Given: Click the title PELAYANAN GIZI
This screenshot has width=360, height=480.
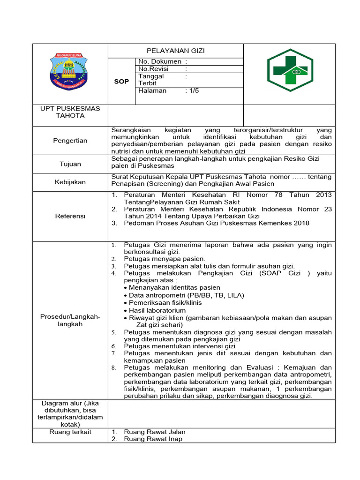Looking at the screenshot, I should (x=176, y=51).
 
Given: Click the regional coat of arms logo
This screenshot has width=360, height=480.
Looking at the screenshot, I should (x=69, y=72).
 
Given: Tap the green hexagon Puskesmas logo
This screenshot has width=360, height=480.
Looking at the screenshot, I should (x=289, y=71).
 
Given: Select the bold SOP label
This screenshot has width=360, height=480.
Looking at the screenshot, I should (x=121, y=82).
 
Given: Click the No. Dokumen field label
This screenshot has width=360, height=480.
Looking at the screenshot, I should (x=160, y=61).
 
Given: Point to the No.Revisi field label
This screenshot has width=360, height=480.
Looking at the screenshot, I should (x=154, y=69).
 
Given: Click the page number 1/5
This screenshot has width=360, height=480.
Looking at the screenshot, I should (x=193, y=90).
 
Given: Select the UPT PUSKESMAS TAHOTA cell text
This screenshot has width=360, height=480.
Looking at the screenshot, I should (x=70, y=112).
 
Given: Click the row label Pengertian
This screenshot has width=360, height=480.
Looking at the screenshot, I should (x=70, y=141).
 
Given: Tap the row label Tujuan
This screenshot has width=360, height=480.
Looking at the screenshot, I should (x=70, y=164).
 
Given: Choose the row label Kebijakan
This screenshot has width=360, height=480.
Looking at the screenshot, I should (x=70, y=182).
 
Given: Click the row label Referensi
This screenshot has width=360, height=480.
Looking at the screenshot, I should (x=70, y=216).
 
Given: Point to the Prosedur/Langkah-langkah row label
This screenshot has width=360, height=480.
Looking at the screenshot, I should (x=70, y=321).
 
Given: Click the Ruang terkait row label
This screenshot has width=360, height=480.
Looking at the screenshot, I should (x=70, y=432).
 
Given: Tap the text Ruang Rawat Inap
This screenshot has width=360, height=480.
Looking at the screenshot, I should (x=153, y=439).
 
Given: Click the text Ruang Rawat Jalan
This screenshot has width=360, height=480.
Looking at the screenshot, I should (x=155, y=432).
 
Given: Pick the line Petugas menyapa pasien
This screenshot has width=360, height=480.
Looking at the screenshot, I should (x=164, y=259).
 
